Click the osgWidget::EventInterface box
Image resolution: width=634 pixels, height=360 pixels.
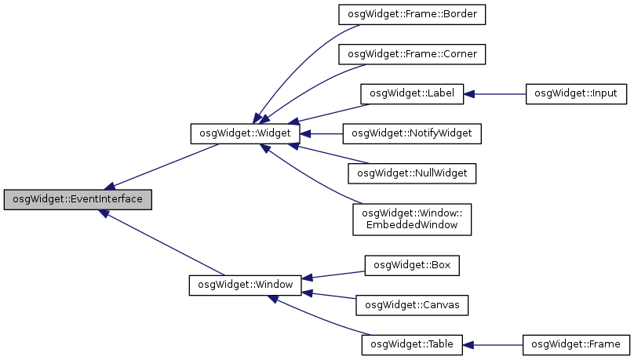pyautogui.click(x=78, y=199)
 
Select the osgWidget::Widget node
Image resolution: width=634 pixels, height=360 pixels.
pyautogui.click(x=244, y=133)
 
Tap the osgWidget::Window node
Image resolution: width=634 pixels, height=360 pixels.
pyautogui.click(x=246, y=284)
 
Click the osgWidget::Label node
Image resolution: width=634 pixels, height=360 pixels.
pyautogui.click(x=412, y=93)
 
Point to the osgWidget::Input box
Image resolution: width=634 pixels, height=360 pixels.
pyautogui.click(x=575, y=93)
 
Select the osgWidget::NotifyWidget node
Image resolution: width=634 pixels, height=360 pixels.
pyautogui.click(x=412, y=133)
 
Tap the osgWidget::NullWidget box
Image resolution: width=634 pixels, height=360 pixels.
pyautogui.click(x=412, y=173)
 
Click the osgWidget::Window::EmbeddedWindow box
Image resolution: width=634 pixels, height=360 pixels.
pyautogui.click(x=412, y=218)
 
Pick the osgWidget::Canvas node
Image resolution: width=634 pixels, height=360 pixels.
pyautogui.click(x=412, y=304)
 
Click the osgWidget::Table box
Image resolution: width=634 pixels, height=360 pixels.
pyautogui.click(x=412, y=344)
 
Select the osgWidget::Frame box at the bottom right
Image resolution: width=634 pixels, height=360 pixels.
pyautogui.click(x=576, y=344)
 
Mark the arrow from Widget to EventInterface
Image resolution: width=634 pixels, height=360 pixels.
pyautogui.click(x=165, y=167)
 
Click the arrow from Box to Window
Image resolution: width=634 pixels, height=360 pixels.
pyautogui.click(x=333, y=274)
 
